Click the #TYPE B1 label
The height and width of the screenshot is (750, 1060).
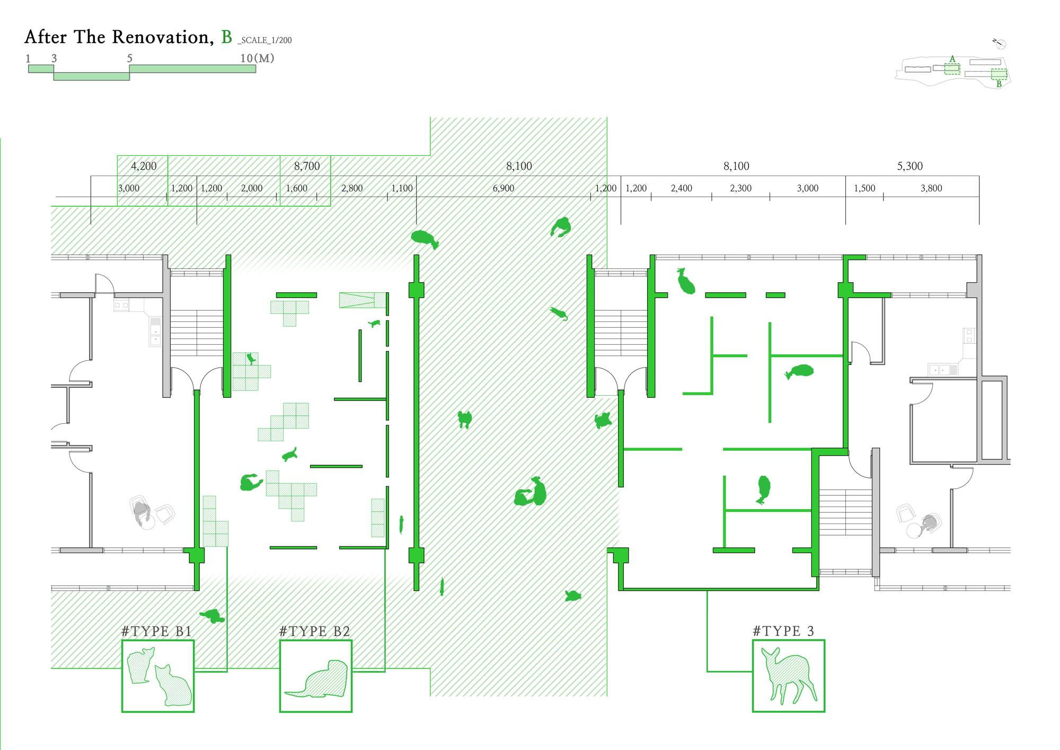click(156, 631)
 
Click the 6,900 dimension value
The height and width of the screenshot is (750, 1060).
click(503, 188)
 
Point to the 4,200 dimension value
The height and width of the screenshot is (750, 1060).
click(144, 166)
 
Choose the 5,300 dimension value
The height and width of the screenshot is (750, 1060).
click(909, 166)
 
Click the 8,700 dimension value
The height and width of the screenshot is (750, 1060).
click(307, 166)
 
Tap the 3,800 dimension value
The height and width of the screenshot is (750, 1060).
click(931, 188)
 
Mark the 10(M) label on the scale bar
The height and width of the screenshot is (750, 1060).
click(257, 58)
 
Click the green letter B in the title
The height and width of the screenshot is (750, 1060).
click(227, 37)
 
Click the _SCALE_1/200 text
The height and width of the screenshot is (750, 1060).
click(265, 40)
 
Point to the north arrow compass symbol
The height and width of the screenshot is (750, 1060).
click(1000, 43)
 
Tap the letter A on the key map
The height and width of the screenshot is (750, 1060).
click(952, 59)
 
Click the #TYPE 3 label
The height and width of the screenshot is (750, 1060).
click(783, 631)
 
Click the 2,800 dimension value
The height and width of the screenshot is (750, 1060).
click(352, 188)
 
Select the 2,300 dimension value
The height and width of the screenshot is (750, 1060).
click(740, 188)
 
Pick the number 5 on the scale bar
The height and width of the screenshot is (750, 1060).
click(129, 58)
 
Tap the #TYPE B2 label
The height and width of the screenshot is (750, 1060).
click(315, 631)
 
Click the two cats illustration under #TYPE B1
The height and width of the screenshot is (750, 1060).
click(158, 676)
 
